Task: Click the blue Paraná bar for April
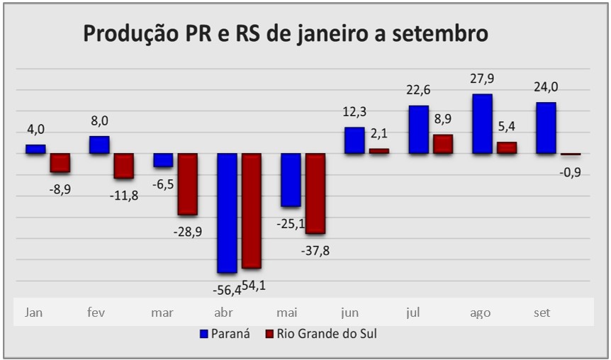click(227, 213)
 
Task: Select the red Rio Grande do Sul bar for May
click(315, 193)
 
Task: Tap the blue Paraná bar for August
click(483, 124)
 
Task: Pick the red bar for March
click(187, 184)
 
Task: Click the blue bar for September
click(546, 128)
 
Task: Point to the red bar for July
click(443, 144)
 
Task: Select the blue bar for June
click(354, 140)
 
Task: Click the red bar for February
click(124, 165)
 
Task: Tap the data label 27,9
click(482, 79)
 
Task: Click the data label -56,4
click(227, 289)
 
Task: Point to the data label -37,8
click(315, 250)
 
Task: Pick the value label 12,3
click(354, 113)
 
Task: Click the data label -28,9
click(187, 232)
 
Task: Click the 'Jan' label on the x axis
click(33, 312)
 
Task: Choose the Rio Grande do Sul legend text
click(326, 333)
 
